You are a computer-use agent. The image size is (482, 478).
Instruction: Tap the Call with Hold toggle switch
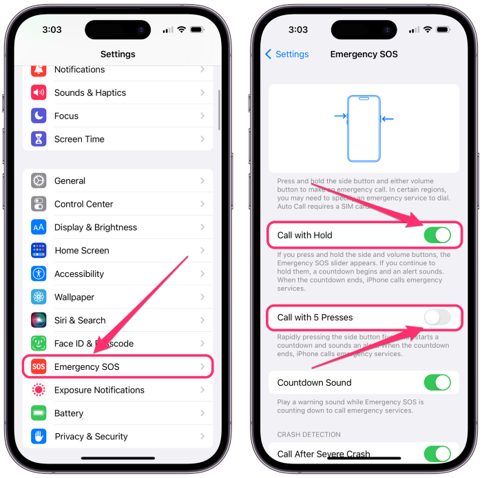pos(437,235)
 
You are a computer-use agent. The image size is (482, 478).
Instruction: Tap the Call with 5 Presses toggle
pos(437,318)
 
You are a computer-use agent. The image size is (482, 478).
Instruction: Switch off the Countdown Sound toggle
pos(437,382)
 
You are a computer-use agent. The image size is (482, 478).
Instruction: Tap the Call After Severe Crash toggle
pos(437,453)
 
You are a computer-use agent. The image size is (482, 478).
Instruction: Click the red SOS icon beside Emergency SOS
pos(39,366)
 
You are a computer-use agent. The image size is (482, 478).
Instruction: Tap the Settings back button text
pos(292,54)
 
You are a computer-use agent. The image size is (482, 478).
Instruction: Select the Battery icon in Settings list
pos(39,413)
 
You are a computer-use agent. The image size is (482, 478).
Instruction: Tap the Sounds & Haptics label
pos(90,92)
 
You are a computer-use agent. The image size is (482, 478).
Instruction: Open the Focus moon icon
pos(39,116)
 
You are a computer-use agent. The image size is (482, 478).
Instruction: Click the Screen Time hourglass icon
pos(39,139)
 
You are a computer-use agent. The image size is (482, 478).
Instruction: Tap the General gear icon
pos(39,180)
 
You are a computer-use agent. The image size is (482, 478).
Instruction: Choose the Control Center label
pos(83,204)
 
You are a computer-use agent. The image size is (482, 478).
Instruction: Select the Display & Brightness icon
pos(39,227)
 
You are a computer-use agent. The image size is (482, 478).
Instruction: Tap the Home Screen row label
pos(82,251)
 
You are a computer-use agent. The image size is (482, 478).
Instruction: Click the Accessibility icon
pos(39,273)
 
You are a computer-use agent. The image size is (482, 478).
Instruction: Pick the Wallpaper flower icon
pos(39,297)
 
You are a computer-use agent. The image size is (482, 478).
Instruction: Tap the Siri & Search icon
pos(39,320)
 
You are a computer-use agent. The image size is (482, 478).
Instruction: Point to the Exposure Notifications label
pos(99,390)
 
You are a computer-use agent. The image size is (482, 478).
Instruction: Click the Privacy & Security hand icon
pos(39,436)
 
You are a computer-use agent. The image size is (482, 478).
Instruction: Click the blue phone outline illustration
pos(364,128)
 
